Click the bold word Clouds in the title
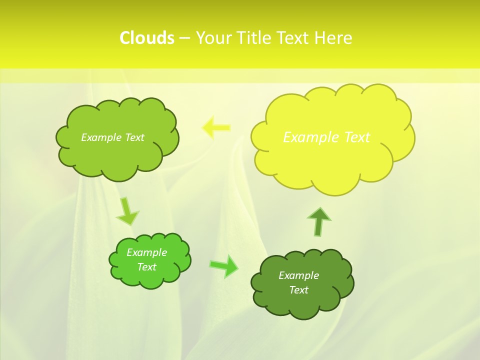[147, 38]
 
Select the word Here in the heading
[333, 38]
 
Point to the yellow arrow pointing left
[216, 127]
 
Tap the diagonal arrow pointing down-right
[127, 211]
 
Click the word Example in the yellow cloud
[306, 137]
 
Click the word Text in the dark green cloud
[298, 290]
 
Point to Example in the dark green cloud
[298, 275]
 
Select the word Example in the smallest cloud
[146, 252]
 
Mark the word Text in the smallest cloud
[146, 267]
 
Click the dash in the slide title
[184, 38]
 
